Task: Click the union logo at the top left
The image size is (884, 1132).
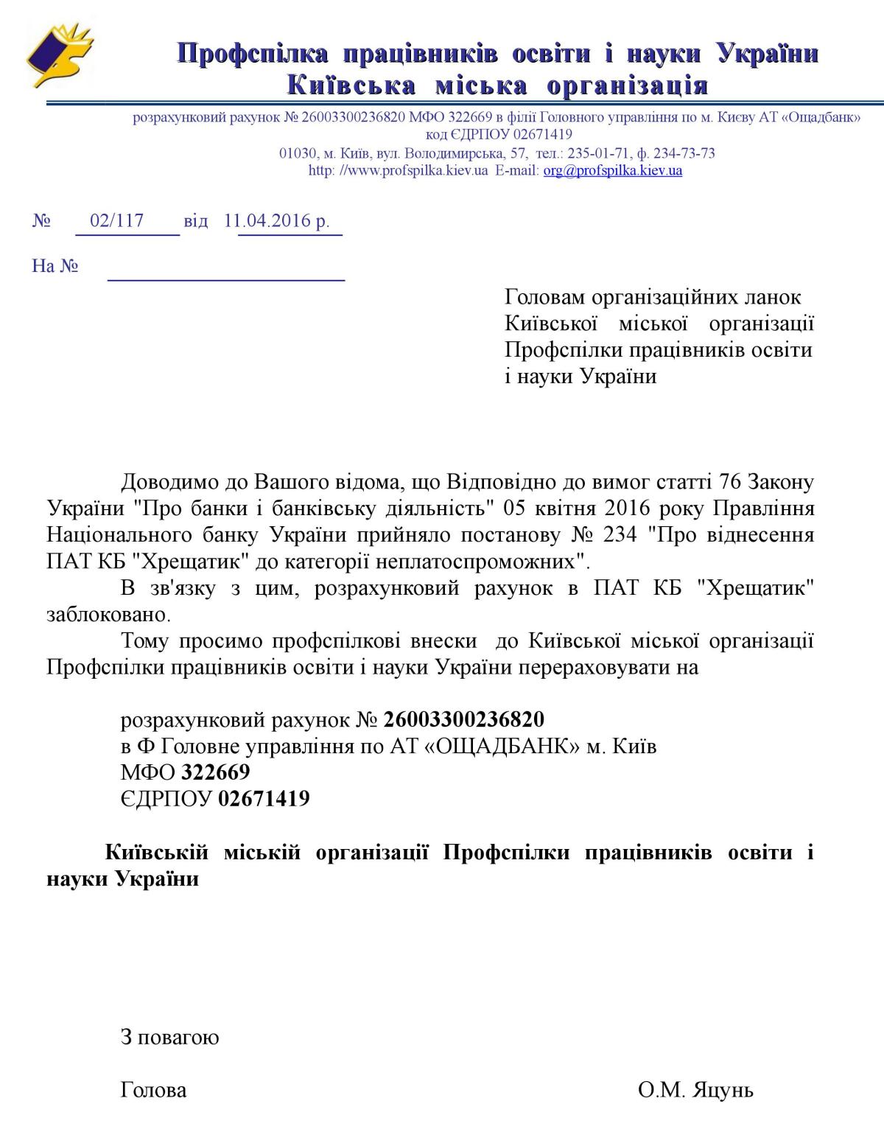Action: point(59,55)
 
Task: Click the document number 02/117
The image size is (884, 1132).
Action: point(116,220)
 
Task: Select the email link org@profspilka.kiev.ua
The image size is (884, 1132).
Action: point(613,171)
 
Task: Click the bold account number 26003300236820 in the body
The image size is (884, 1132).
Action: point(464,719)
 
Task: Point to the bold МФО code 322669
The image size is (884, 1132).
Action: point(216,772)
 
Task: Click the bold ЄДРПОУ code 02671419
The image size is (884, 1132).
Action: point(264,799)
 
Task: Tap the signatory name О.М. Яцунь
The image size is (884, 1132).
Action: point(695,1090)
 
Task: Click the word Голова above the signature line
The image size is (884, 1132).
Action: point(153,1090)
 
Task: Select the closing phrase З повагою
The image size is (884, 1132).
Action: point(169,1038)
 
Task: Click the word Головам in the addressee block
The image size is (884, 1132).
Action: point(545,297)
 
